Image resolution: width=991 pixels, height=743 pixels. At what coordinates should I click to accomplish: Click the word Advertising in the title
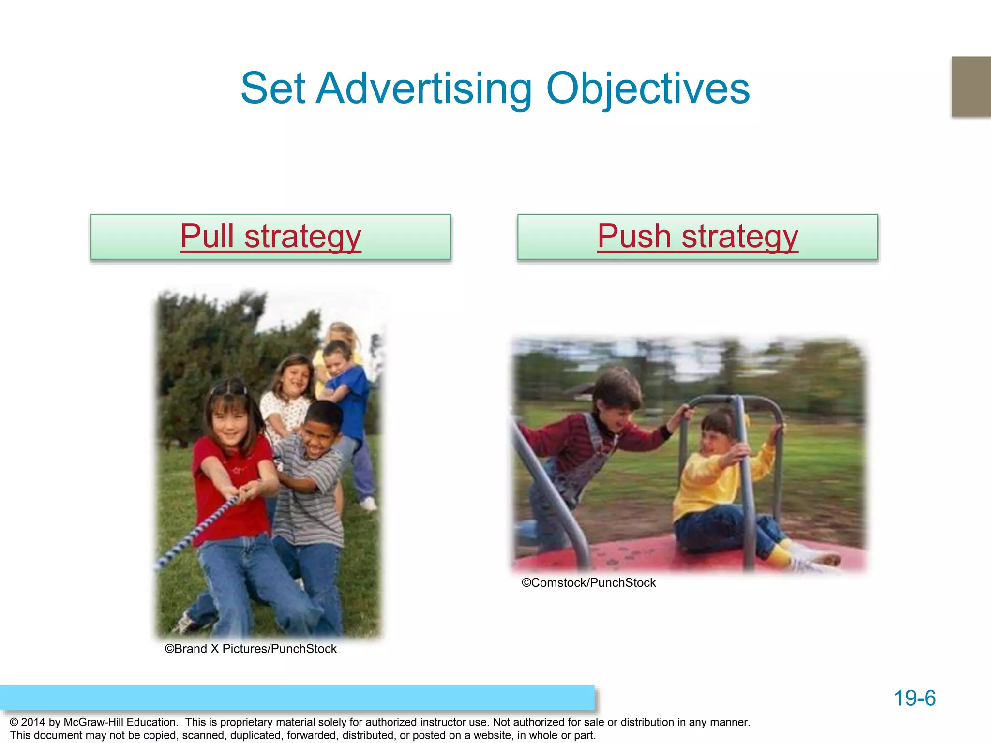pos(424,89)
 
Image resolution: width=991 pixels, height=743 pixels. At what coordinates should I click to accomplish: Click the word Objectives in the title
pos(648,89)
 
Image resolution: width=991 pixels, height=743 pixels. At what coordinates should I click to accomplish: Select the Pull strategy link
pos(270,237)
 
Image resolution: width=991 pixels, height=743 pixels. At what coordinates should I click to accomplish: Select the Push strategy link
pos(697,237)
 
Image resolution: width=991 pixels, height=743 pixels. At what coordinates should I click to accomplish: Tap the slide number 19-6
pos(915,698)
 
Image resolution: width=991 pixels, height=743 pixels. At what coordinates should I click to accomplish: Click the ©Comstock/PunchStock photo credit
pos(588,582)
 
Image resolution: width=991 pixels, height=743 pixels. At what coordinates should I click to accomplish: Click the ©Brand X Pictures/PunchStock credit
pos(251,649)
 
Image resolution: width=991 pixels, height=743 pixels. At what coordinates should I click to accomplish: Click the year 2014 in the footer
pos(33,722)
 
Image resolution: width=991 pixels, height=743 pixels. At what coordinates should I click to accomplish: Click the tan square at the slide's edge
pos(971,87)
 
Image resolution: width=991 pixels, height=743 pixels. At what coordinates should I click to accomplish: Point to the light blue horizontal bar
pos(297,698)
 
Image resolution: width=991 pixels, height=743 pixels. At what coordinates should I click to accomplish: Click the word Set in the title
pos(273,89)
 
